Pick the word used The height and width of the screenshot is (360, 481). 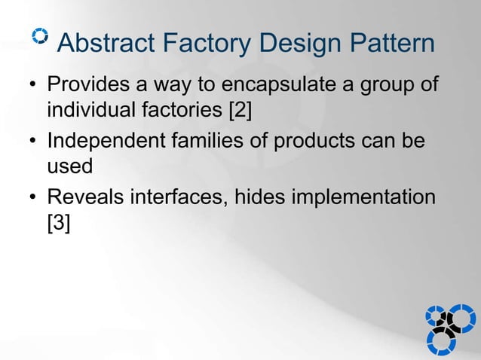[x=69, y=168]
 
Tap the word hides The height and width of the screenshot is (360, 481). [x=261, y=197]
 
